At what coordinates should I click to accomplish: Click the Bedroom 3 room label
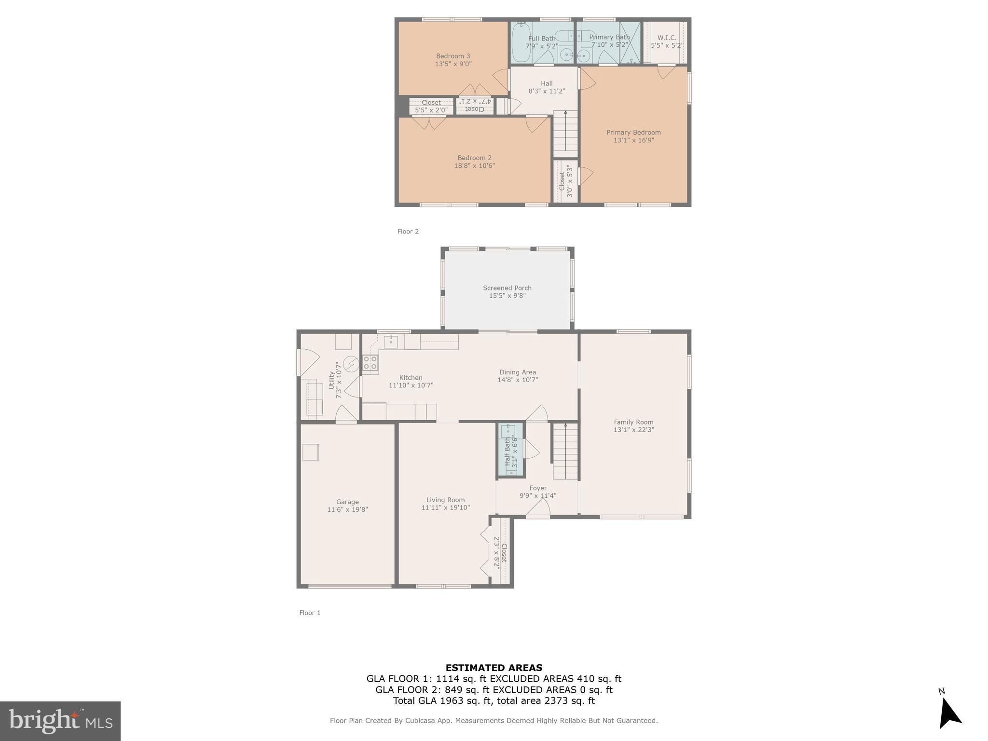pos(453,56)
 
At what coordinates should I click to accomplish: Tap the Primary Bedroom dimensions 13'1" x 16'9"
pos(633,140)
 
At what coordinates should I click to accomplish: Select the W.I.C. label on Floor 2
pos(666,38)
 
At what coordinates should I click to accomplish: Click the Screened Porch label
pos(507,288)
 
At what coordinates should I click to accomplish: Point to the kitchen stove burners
pos(370,363)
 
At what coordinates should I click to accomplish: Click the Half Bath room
pos(511,450)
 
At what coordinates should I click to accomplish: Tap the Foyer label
pos(537,488)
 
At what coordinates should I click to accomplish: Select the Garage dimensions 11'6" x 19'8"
pos(347,509)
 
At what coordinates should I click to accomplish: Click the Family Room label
pos(633,422)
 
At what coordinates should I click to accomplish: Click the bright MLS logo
pos(60,721)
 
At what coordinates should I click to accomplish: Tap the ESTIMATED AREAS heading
pos(494,668)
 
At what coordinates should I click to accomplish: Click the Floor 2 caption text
pos(408,232)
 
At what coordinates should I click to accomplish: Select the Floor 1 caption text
pos(310,613)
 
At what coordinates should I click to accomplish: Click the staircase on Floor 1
pos(565,452)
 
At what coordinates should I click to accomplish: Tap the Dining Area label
pos(517,372)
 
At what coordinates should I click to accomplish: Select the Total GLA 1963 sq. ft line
pos(494,701)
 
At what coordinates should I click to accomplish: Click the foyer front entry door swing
pos(538,508)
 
